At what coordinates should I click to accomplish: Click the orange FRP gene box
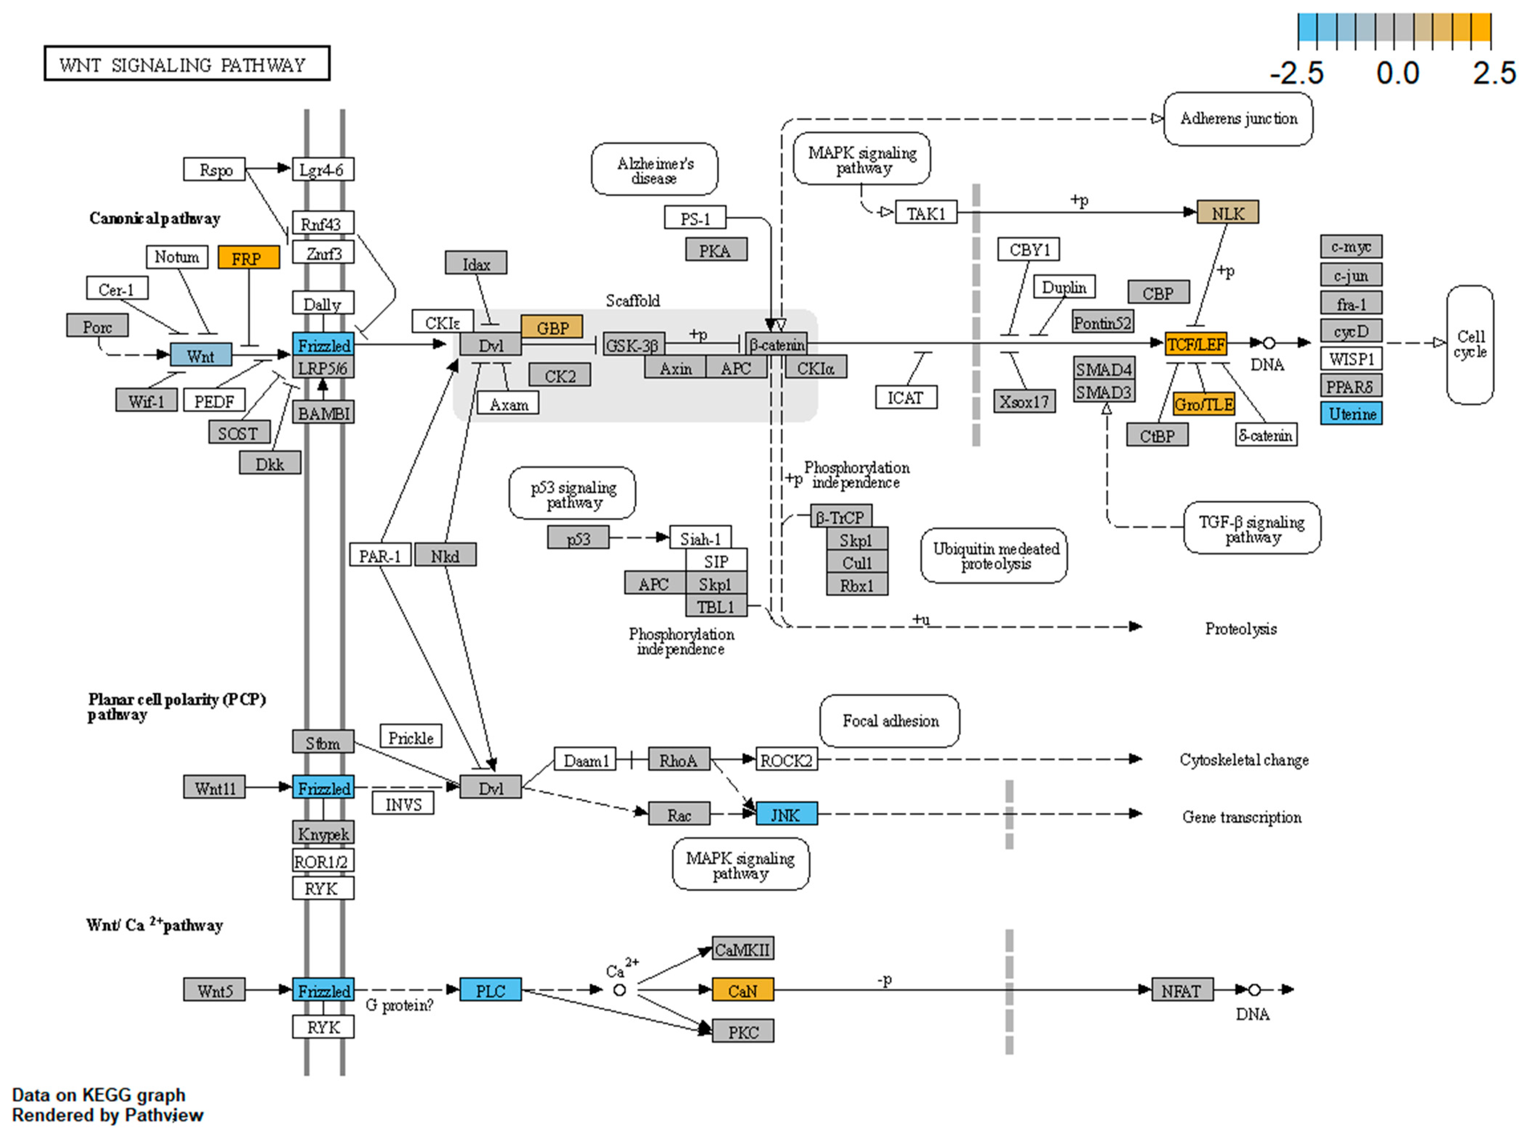[x=248, y=258]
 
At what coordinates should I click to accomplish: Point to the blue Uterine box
[x=1351, y=413]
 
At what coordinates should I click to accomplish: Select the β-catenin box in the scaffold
[x=776, y=344]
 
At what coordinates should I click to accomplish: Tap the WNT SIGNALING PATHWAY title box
[x=187, y=64]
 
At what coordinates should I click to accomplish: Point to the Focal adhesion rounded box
[x=890, y=721]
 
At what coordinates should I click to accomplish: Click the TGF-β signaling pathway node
[x=1251, y=528]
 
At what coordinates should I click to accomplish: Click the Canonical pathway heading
[x=154, y=219]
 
